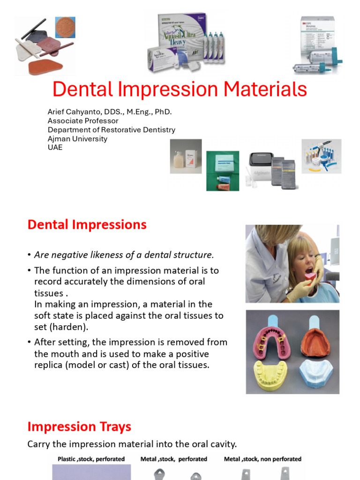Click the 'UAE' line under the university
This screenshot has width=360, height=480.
55,147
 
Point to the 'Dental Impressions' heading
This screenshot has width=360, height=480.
87,225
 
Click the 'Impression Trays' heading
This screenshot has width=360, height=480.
79,427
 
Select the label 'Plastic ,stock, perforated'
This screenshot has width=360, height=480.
91,459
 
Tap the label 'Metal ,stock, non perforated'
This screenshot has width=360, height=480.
262,459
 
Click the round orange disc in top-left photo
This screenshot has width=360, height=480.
65,27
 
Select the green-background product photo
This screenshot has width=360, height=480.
223,171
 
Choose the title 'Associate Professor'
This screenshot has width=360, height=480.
83,120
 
